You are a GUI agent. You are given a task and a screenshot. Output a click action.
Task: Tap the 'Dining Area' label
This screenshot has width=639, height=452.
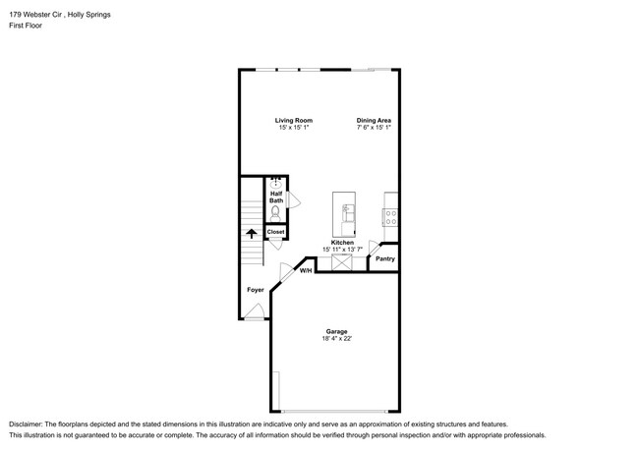point(374,120)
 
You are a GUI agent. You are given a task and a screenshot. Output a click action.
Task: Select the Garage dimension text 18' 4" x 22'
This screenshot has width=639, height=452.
point(335,339)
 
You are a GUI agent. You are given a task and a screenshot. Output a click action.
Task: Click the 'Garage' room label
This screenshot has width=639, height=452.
point(335,331)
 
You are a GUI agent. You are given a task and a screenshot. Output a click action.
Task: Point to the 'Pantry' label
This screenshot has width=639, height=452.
point(384,259)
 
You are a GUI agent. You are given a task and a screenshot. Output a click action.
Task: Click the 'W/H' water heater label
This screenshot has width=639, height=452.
point(306,270)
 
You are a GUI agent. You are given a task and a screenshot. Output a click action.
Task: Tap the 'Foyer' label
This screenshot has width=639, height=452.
point(255,290)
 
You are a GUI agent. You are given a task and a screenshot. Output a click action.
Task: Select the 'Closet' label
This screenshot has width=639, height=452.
point(275,232)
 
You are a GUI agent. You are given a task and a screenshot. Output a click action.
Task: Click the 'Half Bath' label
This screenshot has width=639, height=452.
point(276,197)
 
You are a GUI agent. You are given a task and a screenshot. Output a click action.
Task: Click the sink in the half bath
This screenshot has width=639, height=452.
point(276,183)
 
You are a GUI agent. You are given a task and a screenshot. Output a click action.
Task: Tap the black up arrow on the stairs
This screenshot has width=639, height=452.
point(251,234)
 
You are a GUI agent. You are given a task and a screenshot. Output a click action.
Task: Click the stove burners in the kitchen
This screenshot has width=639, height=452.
point(389,212)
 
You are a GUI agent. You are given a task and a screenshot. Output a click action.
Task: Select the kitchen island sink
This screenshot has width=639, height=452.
point(347,208)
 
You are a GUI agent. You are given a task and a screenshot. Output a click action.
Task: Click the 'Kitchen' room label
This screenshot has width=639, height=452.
point(342,242)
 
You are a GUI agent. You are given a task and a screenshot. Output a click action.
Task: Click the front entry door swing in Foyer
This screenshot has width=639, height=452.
point(254,311)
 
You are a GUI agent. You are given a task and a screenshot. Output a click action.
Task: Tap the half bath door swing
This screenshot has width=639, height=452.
point(294,200)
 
